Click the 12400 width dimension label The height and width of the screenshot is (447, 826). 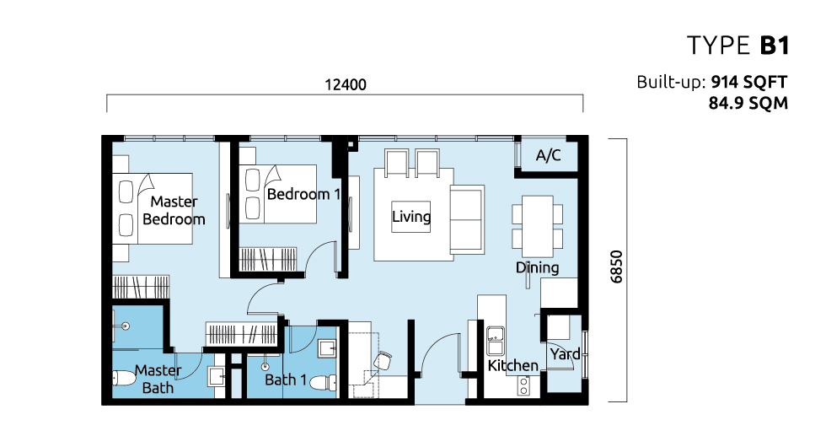click(345, 84)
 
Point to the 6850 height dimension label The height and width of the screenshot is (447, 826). click(616, 267)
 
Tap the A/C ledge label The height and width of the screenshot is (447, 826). click(549, 155)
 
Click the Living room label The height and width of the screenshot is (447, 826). click(411, 216)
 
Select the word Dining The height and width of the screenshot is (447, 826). click(538, 268)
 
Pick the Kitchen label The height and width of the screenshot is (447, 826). click(512, 365)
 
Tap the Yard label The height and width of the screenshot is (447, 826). click(565, 353)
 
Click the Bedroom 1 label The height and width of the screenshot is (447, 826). click(303, 194)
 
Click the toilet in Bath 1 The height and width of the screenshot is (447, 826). click(323, 383)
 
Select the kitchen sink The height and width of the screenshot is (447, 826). click(496, 341)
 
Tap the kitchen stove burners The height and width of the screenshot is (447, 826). click(523, 385)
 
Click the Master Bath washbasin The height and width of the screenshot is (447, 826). click(217, 377)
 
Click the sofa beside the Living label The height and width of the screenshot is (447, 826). click(467, 220)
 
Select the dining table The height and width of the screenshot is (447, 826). click(538, 226)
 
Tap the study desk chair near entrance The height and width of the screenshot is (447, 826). click(383, 362)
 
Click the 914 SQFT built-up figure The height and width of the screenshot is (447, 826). click(749, 83)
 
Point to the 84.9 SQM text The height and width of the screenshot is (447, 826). click(748, 103)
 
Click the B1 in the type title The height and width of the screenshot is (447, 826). click(775, 46)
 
